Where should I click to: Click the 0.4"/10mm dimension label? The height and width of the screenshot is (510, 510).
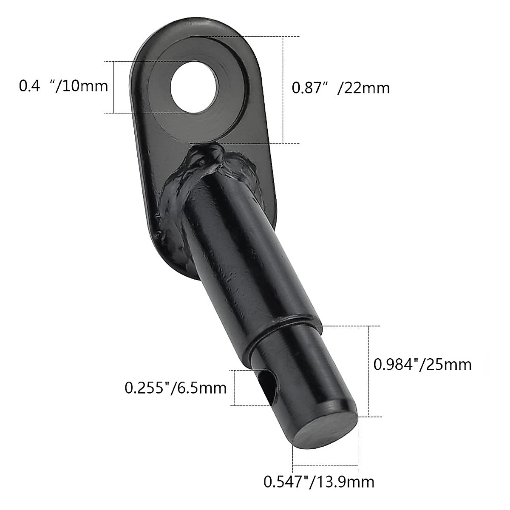coord(63,86)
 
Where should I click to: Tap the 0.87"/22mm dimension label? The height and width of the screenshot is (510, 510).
coord(340,88)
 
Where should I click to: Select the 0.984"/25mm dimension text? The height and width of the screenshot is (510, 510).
coord(422,364)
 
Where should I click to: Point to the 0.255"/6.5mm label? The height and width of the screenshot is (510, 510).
coord(175,388)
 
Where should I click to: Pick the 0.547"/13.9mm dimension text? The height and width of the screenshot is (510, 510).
coord(319,482)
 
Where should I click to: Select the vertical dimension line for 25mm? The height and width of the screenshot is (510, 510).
coord(368,371)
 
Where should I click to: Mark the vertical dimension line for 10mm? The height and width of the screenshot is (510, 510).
coord(114,87)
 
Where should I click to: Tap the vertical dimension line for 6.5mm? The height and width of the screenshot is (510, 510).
coord(235,388)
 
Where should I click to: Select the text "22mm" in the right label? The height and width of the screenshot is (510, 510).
coord(363,88)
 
